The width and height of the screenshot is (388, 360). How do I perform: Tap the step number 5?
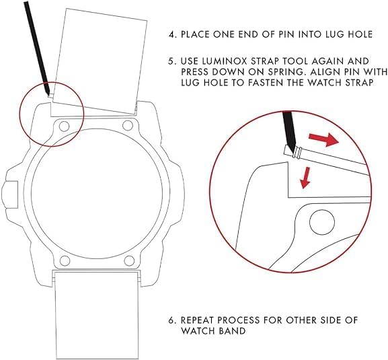coord(172,61)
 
